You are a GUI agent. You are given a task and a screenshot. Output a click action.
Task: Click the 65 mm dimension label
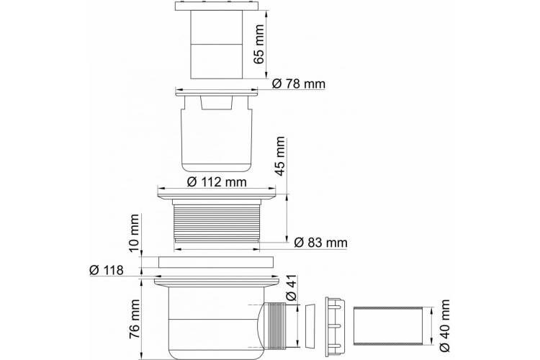coord(258,44)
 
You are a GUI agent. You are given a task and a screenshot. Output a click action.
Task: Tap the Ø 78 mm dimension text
coord(298,84)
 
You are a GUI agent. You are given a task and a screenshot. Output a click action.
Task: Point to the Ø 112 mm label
coord(217,181)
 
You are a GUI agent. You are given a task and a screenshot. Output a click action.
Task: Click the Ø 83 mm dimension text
coord(320,243)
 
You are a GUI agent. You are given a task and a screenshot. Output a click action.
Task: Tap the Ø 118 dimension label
coord(106,270)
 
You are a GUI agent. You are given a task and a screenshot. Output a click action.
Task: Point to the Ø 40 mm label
coord(444,325)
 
